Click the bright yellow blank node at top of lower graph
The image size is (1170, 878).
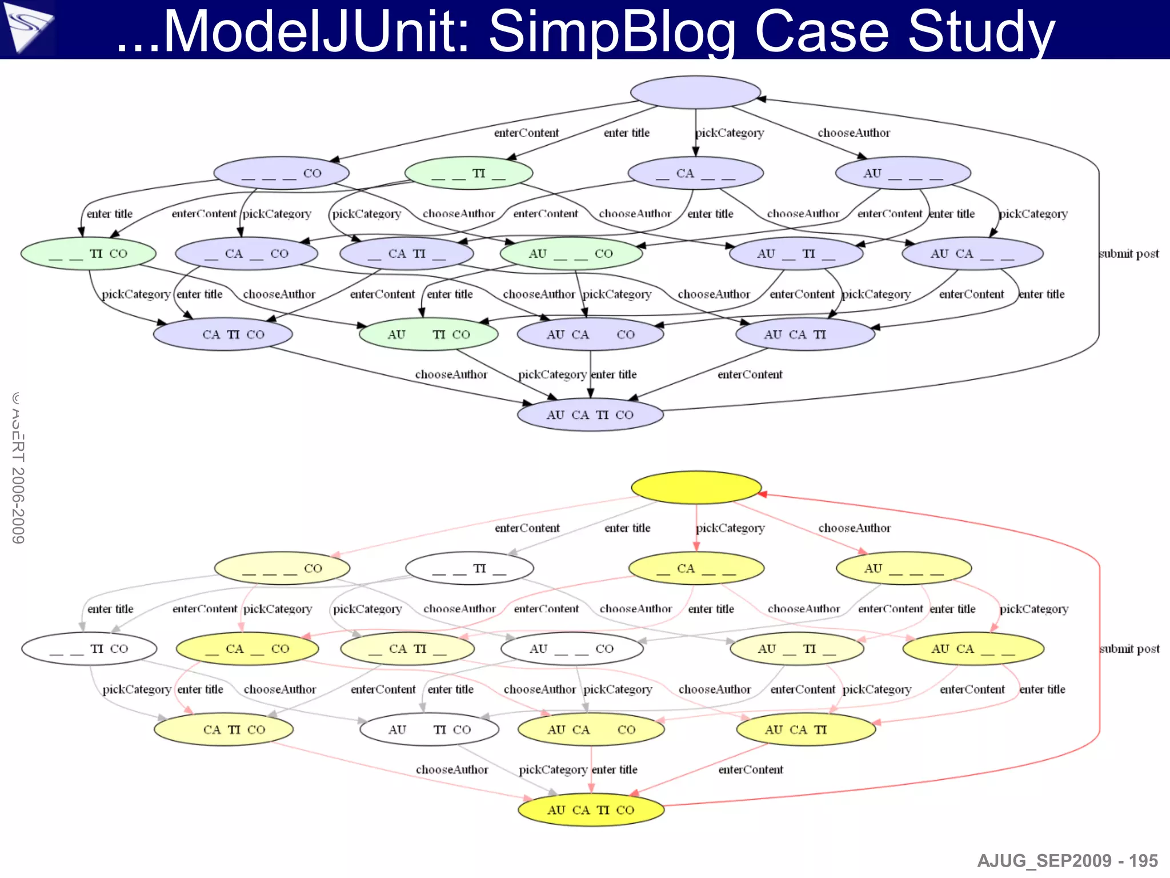(x=696, y=487)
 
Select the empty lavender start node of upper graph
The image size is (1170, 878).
(x=695, y=92)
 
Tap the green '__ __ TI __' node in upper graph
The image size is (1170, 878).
(x=468, y=173)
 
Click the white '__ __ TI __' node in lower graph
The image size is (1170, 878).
(x=469, y=568)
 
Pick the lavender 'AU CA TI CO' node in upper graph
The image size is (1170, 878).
(x=590, y=414)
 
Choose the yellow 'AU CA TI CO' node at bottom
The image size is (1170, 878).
(x=591, y=809)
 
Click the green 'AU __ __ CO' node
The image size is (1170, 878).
(x=571, y=253)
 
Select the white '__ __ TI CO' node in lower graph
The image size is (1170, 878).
(x=89, y=649)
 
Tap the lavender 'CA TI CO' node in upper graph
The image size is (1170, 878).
(x=223, y=334)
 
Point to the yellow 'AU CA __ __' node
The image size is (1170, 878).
(x=973, y=649)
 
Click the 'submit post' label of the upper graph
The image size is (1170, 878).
(x=1129, y=253)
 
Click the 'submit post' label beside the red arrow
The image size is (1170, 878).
(x=1129, y=649)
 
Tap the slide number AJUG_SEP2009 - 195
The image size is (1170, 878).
(x=1067, y=860)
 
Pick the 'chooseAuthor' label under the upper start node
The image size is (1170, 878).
(x=854, y=133)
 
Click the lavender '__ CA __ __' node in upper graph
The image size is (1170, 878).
(x=695, y=173)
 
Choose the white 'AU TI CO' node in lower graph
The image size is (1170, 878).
(x=429, y=729)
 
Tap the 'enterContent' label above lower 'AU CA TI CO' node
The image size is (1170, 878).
(x=750, y=769)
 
